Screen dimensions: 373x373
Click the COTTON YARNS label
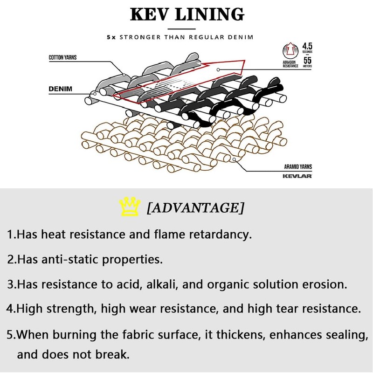pos(62,58)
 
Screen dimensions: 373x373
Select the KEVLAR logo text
pos(297,176)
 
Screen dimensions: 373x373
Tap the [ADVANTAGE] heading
pos(195,207)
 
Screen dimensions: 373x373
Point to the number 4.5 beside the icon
pos(307,46)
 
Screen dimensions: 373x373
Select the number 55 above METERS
pos(307,60)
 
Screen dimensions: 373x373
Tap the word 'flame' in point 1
pos(184,234)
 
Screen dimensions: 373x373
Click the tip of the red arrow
pos(246,61)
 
